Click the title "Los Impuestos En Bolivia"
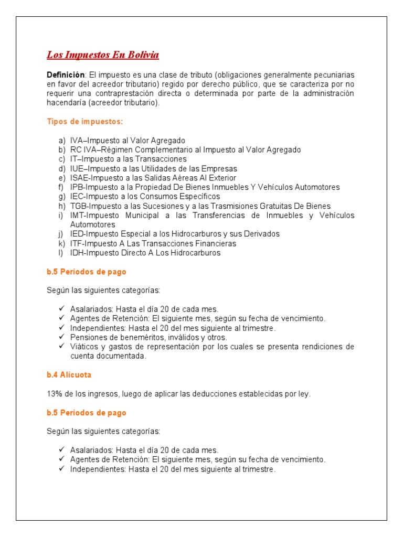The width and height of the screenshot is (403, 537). tap(103, 55)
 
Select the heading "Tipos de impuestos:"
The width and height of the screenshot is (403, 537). tap(85, 121)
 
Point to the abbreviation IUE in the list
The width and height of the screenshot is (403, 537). tap(77, 168)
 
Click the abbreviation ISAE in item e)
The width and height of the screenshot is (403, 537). tap(79, 178)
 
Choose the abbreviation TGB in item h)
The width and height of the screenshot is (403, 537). tap(78, 206)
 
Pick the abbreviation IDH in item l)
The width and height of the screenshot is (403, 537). tap(77, 253)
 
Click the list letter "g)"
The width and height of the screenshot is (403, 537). tap(61, 197)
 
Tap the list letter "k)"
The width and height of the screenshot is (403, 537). tap(61, 243)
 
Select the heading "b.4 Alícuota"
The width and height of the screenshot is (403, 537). tap(69, 375)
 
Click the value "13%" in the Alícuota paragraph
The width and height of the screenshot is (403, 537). tap(55, 394)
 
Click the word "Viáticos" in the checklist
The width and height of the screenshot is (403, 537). tap(84, 347)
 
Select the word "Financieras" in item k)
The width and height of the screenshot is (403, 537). tap(217, 243)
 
